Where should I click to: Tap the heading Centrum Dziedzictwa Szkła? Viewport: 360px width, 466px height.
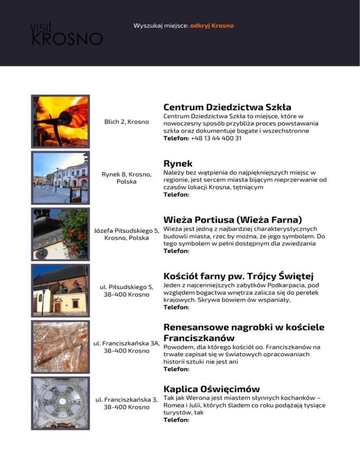point(227,107)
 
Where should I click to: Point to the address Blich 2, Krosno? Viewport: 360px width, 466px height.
point(127,122)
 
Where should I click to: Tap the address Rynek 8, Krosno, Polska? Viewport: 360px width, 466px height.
point(127,178)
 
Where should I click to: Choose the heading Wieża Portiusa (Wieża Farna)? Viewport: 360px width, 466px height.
point(232,219)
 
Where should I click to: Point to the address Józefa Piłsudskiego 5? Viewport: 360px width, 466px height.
point(127,230)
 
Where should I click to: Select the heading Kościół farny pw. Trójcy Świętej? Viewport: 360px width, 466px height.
point(238,275)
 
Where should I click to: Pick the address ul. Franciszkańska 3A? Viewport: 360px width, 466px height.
point(127,343)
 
